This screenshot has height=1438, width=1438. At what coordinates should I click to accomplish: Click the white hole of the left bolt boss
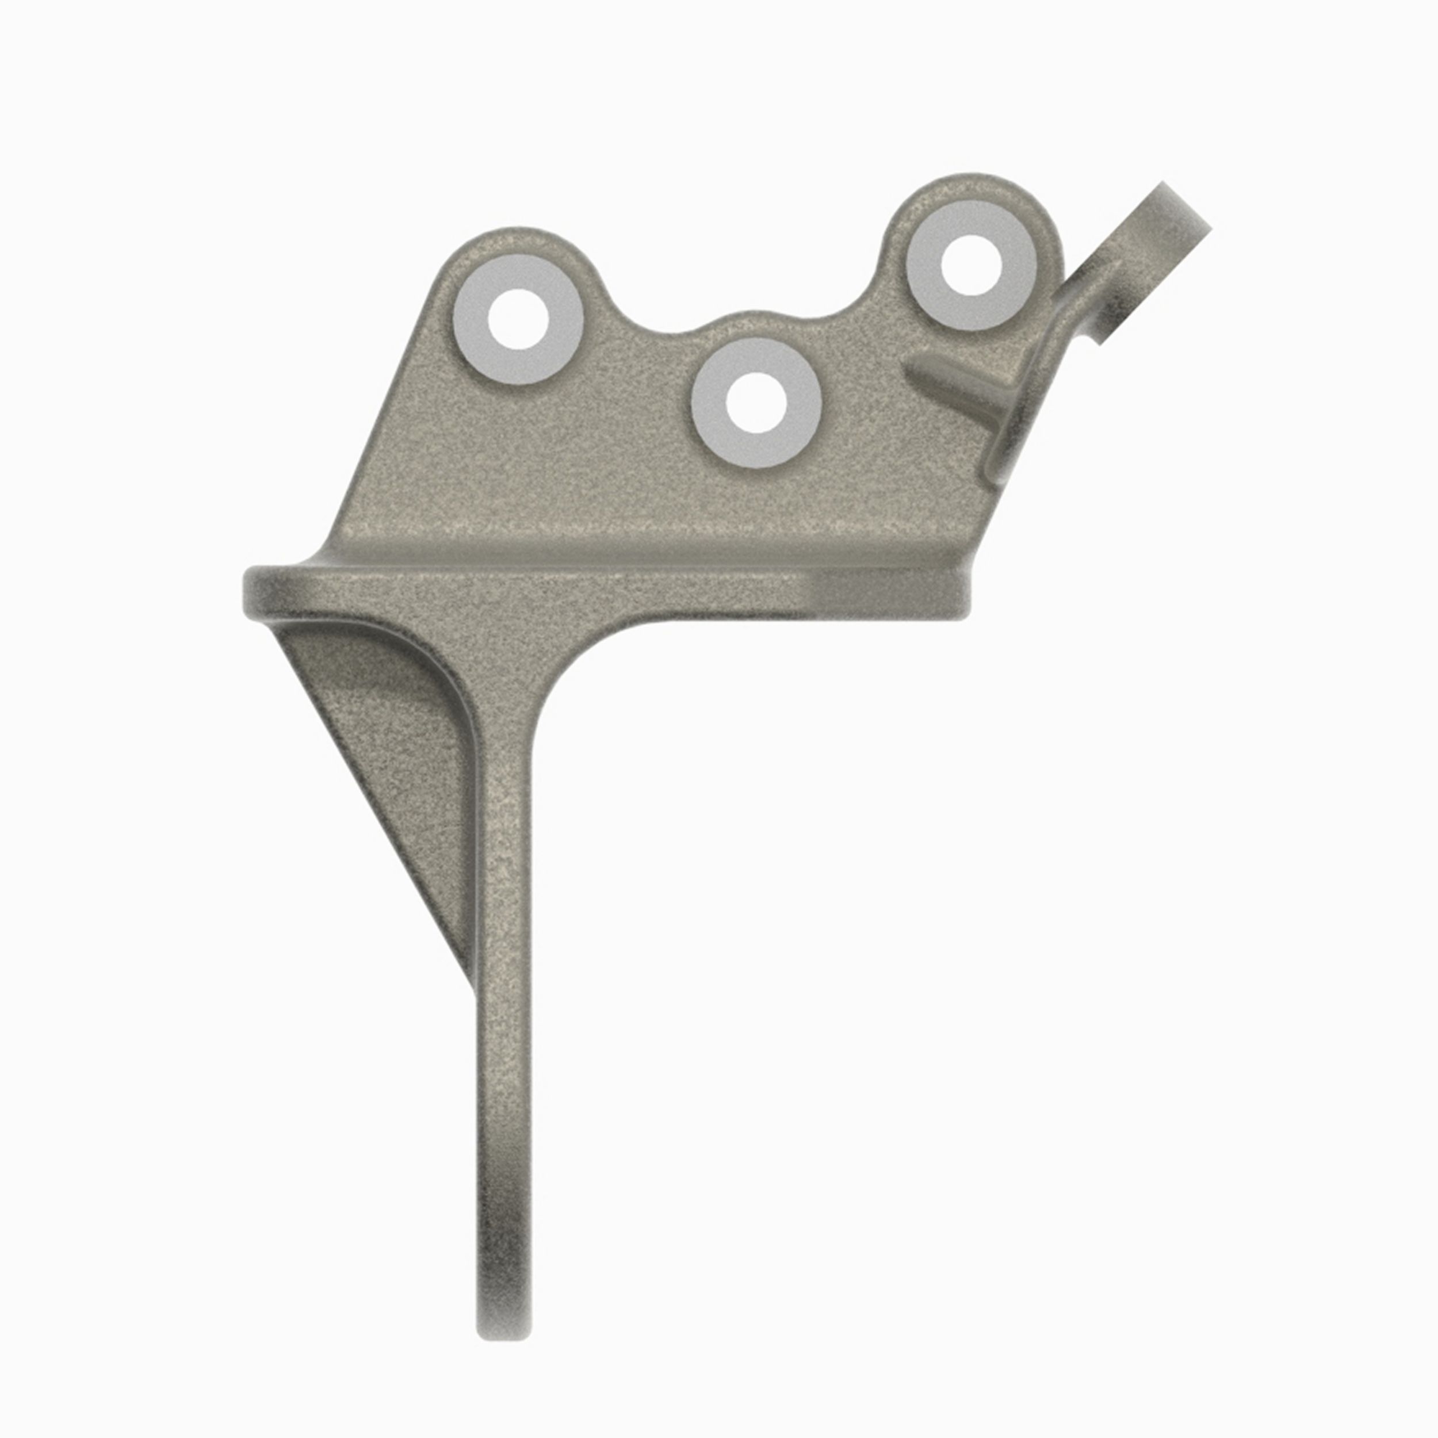pos(519,319)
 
